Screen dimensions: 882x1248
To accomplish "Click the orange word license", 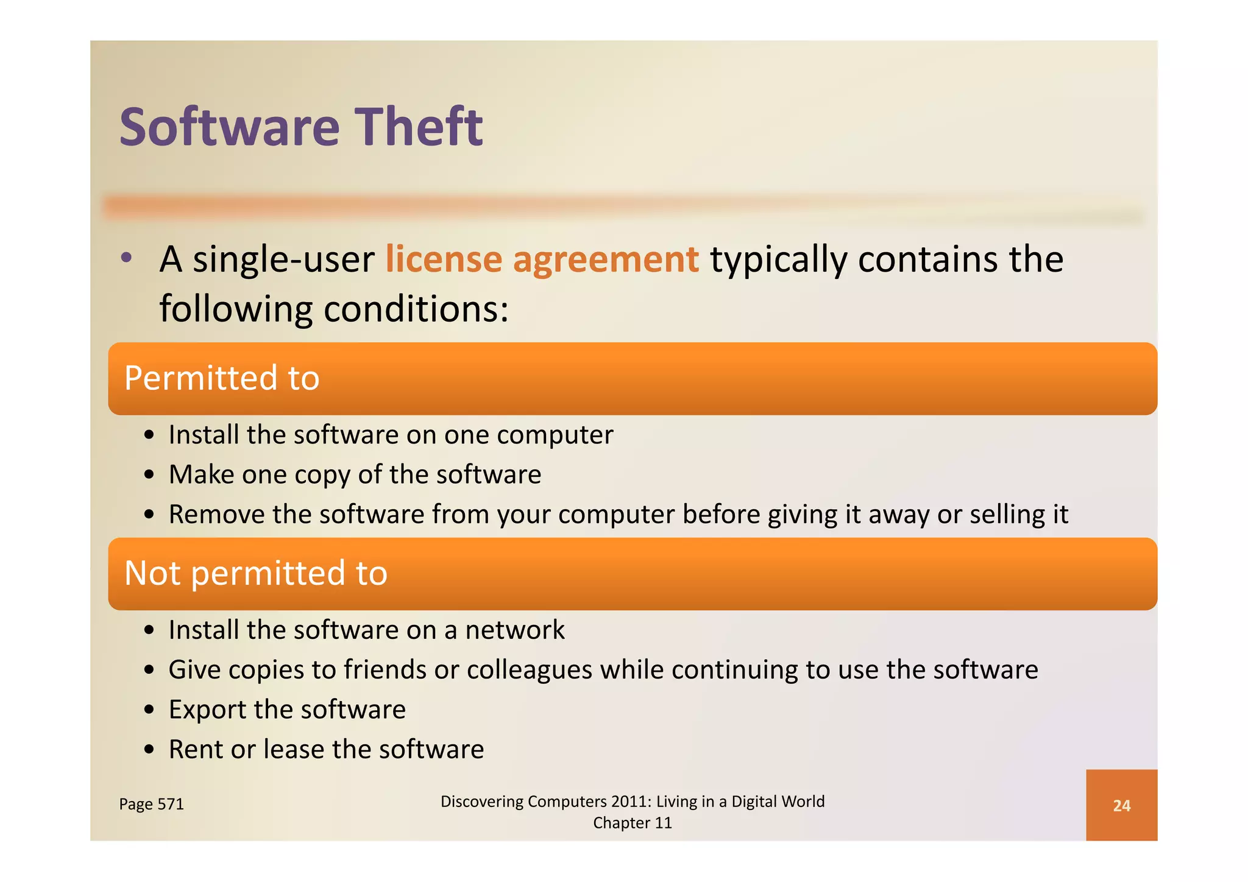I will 444,259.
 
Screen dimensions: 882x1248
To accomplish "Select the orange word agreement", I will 606,260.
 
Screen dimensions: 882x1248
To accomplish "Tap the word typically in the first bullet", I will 778,260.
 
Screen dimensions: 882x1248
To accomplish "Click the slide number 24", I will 1121,805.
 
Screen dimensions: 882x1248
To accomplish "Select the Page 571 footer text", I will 151,804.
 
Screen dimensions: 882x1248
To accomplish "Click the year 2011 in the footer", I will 631,801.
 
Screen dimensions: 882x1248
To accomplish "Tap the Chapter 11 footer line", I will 632,823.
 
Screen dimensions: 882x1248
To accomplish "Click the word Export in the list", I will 207,710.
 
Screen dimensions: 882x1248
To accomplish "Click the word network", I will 515,630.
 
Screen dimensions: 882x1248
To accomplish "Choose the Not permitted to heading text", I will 256,573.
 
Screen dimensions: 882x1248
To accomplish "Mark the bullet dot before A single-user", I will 126,258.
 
